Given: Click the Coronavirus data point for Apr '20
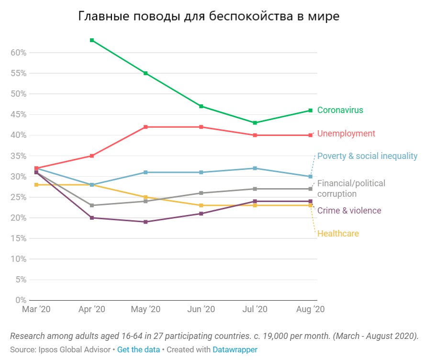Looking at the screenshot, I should click(91, 40).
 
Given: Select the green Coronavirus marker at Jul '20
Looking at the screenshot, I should click(256, 123).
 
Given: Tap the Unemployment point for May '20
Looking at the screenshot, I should click(146, 127).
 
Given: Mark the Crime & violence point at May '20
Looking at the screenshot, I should click(146, 222).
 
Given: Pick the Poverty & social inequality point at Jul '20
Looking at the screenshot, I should click(256, 168).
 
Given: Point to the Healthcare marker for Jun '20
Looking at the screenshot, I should click(201, 205).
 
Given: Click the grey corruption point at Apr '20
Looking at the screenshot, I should click(91, 205).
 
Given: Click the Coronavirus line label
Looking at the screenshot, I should click(340, 110).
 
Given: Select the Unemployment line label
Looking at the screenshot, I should click(346, 134).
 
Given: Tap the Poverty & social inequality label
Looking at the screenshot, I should click(367, 156).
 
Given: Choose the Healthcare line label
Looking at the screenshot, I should click(338, 234).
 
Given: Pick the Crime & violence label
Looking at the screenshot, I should click(349, 211).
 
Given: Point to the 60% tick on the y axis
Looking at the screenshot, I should click(18, 53).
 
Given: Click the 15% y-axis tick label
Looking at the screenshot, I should click(18, 238).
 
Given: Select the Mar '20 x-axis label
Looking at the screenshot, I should click(36, 309).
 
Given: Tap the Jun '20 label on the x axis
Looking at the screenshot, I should click(201, 309).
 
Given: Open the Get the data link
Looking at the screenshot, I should click(138, 350).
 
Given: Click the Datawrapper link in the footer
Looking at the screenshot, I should click(235, 350).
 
